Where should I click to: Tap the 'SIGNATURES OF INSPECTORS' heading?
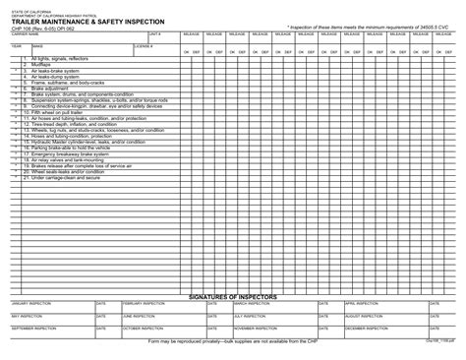tap(233, 297)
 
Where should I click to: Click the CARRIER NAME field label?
tap(26, 33)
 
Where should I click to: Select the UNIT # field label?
tap(154, 33)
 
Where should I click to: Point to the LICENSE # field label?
tap(144, 44)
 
